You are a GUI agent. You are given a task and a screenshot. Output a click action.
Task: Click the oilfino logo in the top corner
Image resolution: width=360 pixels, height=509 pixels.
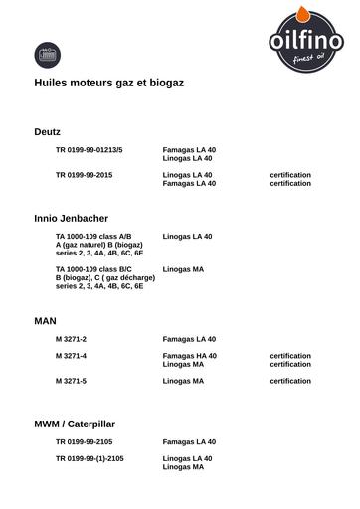click(x=305, y=41)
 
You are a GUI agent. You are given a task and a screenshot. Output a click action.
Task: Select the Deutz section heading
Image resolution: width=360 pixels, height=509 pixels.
click(x=48, y=131)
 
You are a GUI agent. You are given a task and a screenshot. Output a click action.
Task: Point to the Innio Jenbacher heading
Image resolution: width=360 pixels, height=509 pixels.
click(x=72, y=217)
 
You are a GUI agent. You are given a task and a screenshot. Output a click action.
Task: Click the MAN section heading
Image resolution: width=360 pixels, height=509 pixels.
click(x=46, y=321)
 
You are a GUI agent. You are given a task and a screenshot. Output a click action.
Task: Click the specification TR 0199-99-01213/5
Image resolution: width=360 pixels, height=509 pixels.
click(x=90, y=149)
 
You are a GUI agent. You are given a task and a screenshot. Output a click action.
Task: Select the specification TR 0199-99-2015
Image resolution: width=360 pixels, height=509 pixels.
click(x=85, y=175)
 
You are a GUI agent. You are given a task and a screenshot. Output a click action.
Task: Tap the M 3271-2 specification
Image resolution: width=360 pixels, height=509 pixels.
click(x=72, y=339)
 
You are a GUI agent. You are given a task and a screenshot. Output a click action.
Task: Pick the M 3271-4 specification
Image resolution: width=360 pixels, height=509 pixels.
click(x=72, y=355)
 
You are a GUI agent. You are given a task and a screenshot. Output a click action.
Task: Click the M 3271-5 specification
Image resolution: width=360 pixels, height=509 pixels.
click(x=72, y=381)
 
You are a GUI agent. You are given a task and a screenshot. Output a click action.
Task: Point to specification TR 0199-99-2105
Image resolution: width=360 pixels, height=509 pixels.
click(x=85, y=441)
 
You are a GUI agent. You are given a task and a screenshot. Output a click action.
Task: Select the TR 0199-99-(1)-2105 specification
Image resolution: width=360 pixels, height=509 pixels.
click(x=90, y=458)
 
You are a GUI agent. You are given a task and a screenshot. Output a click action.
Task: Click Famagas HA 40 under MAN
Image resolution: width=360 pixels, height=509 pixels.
click(x=190, y=355)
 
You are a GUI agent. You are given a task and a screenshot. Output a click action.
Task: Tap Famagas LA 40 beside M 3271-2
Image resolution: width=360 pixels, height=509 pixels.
click(x=189, y=339)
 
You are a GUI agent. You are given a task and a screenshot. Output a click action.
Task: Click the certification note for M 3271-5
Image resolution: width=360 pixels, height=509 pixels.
click(x=290, y=381)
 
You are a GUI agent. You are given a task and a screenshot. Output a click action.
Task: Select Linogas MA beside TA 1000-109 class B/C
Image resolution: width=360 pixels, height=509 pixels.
click(x=183, y=269)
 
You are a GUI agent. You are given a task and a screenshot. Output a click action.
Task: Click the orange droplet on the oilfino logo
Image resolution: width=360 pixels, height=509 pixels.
click(x=305, y=13)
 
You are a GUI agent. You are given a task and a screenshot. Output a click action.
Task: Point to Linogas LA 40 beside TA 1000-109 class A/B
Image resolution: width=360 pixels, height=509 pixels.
click(x=187, y=236)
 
